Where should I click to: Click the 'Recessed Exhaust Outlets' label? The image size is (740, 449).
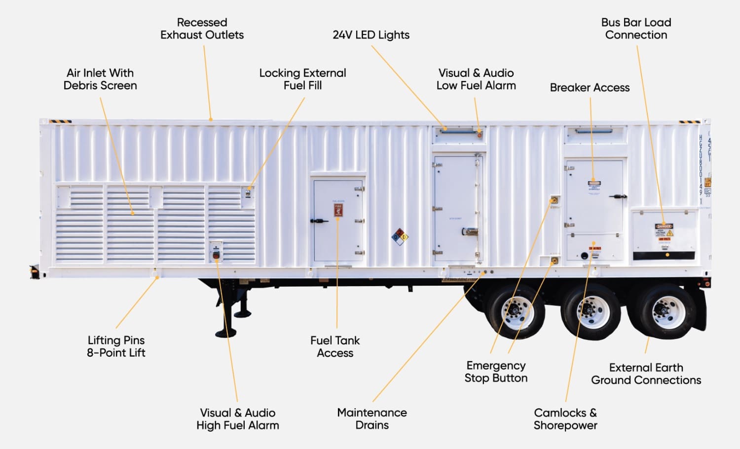point(202,29)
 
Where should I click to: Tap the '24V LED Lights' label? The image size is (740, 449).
point(371,35)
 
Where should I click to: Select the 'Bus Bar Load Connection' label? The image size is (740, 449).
point(636,29)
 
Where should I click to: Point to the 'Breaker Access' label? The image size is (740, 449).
point(590,88)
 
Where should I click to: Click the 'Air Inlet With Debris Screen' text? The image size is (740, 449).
point(100,79)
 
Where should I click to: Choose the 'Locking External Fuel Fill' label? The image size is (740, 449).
point(302,79)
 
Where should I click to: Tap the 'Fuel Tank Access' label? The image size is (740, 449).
point(335,347)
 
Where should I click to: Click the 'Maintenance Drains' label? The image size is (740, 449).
point(372,419)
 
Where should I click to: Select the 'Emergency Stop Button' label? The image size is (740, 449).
point(496,372)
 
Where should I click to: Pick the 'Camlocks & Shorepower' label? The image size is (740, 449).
point(565,419)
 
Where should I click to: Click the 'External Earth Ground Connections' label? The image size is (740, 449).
point(646,374)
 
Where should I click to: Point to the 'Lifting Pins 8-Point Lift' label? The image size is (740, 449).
point(116,346)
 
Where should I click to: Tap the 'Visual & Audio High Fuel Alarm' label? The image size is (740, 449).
point(237,419)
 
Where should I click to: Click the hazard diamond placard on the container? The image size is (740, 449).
point(400,237)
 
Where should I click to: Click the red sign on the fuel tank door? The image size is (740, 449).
point(338,210)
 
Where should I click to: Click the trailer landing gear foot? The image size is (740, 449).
point(225,334)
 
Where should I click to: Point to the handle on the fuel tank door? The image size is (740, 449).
point(319,221)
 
